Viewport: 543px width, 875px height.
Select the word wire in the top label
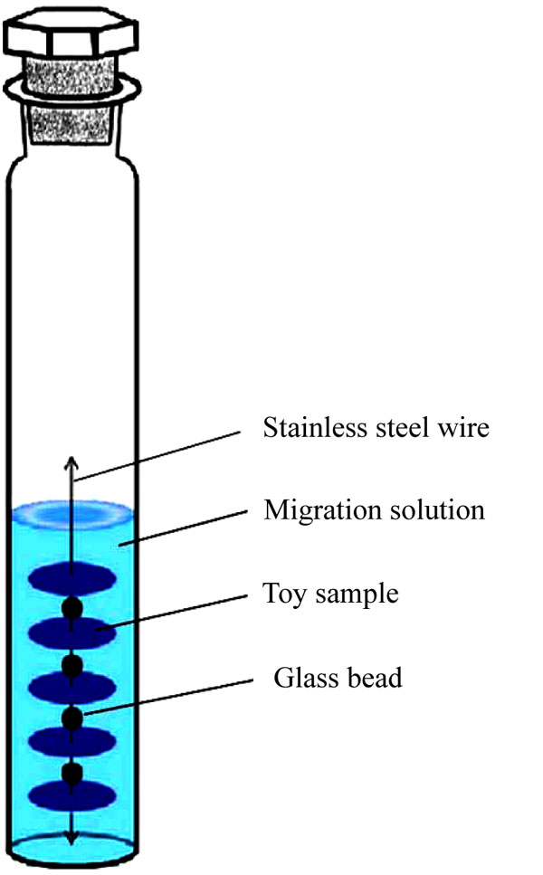pos(463,427)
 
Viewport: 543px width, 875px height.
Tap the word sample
pos(357,594)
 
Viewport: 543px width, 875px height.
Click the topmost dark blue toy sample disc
pos(72,579)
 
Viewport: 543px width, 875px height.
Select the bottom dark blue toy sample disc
pos(72,796)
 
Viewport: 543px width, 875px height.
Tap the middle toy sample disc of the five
pos(72,688)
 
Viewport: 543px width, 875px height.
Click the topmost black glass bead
pos(72,608)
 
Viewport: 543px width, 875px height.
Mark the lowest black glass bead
pos(72,774)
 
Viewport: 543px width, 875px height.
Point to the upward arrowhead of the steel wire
pos(71,462)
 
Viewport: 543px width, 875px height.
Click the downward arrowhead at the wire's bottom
pos(71,838)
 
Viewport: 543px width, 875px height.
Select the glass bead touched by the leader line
pos(72,718)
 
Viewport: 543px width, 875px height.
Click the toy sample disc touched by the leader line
pos(72,633)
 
